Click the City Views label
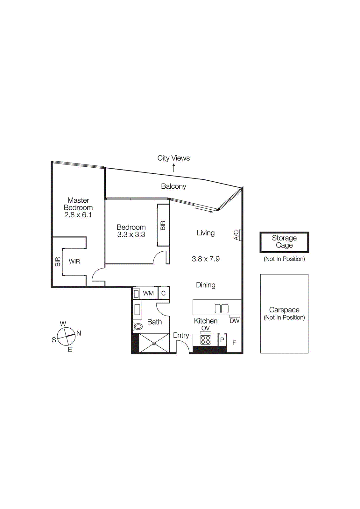tap(173, 158)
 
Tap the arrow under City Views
tap(174, 168)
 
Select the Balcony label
tap(173, 186)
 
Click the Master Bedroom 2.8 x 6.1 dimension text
tap(78, 215)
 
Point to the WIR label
tap(74, 261)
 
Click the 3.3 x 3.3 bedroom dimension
tap(131, 235)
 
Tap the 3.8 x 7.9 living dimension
tap(206, 259)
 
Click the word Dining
tap(206, 285)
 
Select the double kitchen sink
tap(222, 309)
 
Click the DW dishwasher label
tap(234, 321)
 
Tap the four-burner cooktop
tap(205, 340)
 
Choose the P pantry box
tap(222, 340)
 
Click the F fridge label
tap(234, 343)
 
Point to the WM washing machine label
tap(148, 293)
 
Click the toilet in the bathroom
tap(138, 326)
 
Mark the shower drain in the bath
tap(154, 343)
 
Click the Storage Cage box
tap(284, 242)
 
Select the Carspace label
tap(284, 310)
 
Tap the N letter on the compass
tap(79, 333)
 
